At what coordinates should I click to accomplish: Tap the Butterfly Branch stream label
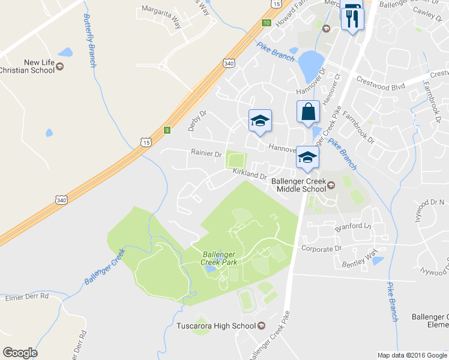point(90,40)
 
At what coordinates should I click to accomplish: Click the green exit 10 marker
point(266,23)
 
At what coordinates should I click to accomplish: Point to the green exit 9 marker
point(167,129)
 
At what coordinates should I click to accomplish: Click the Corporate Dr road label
point(321,248)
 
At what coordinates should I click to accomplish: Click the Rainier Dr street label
point(206,154)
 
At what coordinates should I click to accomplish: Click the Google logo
point(20,353)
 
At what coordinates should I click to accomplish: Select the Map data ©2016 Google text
point(412,355)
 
